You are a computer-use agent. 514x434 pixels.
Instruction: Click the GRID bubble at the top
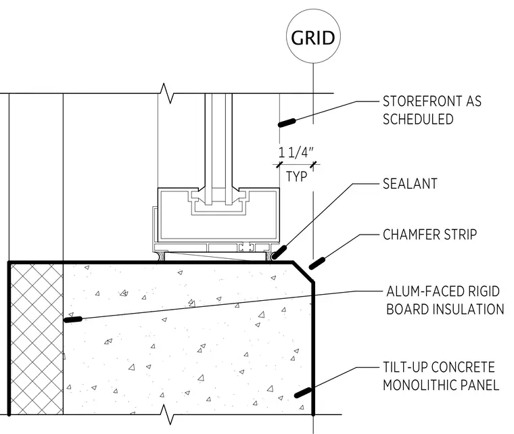click(313, 37)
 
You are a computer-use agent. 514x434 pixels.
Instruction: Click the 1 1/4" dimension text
click(296, 153)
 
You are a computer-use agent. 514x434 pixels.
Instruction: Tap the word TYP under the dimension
click(297, 176)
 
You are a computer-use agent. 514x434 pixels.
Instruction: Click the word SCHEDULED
click(418, 119)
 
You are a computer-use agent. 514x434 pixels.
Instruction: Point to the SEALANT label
click(410, 184)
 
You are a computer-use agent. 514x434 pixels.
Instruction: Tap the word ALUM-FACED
click(425, 291)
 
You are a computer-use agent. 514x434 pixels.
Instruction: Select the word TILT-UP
click(406, 367)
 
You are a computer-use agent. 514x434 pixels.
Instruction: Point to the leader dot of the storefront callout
click(287, 123)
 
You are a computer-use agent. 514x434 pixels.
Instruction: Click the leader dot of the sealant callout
click(279, 252)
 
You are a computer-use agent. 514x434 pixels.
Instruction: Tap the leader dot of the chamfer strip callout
click(317, 264)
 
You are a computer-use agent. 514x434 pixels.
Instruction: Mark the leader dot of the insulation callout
click(73, 319)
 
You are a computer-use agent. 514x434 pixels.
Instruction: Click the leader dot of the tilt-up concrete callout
click(302, 392)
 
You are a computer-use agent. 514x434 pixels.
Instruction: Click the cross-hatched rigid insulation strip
click(37, 339)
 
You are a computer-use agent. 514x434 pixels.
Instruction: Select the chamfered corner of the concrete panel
click(303, 272)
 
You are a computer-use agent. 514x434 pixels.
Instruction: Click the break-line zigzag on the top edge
click(167, 93)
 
